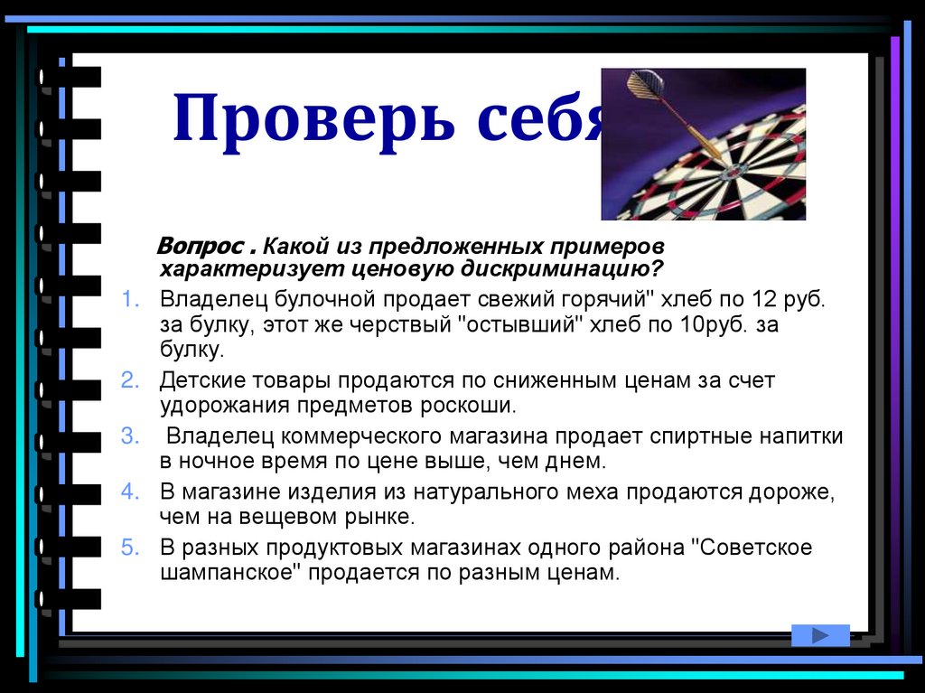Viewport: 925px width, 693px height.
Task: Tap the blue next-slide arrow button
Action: tap(820, 635)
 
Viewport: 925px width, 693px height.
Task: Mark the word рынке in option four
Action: tap(380, 518)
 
